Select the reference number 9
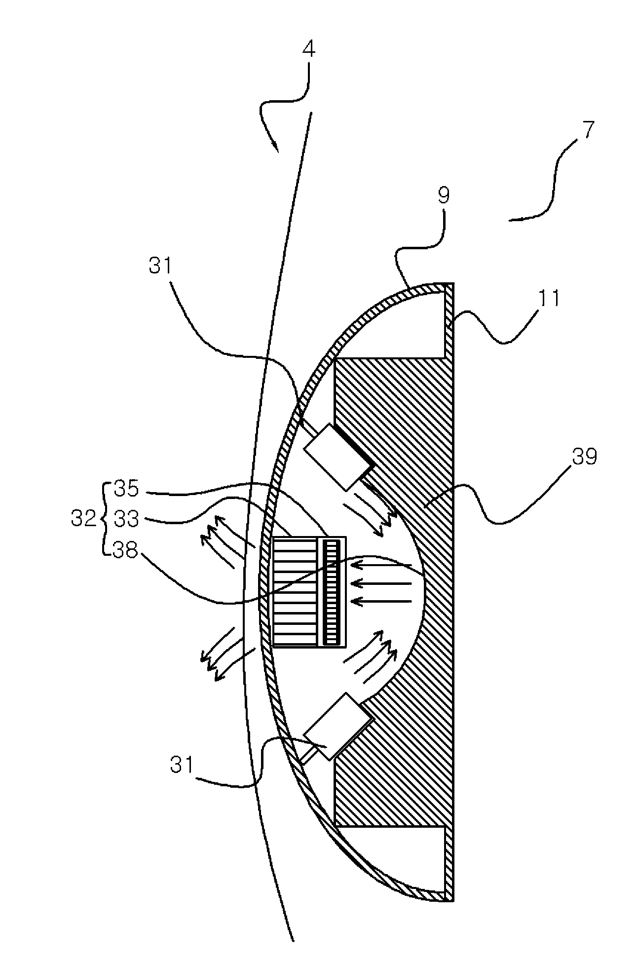pyautogui.click(x=444, y=196)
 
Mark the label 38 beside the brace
pyautogui.click(x=126, y=550)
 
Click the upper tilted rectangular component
pyautogui.click(x=338, y=457)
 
